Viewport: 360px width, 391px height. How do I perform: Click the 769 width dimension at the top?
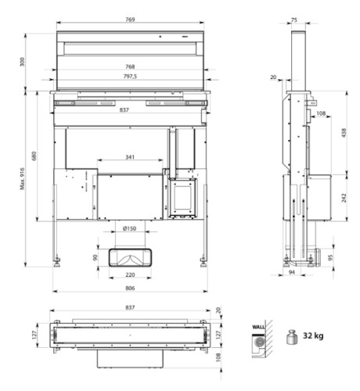coord(130,20)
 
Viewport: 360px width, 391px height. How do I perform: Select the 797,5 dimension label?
coord(130,77)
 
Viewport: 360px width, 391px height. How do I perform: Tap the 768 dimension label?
coord(130,66)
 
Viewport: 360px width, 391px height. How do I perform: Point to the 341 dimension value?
coord(130,157)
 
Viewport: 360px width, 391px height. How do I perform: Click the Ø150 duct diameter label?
coord(129,228)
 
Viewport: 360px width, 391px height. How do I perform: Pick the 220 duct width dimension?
coord(130,274)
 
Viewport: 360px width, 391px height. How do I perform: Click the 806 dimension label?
coord(130,288)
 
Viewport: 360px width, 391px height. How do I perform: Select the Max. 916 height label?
coord(22,179)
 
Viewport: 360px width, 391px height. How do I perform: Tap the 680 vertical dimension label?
coord(34,156)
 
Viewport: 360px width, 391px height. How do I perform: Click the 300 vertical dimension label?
coord(22,62)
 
